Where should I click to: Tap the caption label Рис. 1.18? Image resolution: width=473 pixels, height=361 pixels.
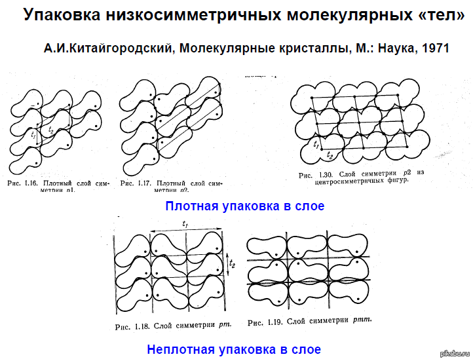pos(129,325)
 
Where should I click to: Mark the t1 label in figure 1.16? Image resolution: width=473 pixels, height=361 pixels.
pos(33,134)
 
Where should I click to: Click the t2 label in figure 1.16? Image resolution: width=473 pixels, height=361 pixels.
pos(51,130)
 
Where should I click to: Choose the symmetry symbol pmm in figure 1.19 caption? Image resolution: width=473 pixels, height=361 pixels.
pos(361,321)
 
